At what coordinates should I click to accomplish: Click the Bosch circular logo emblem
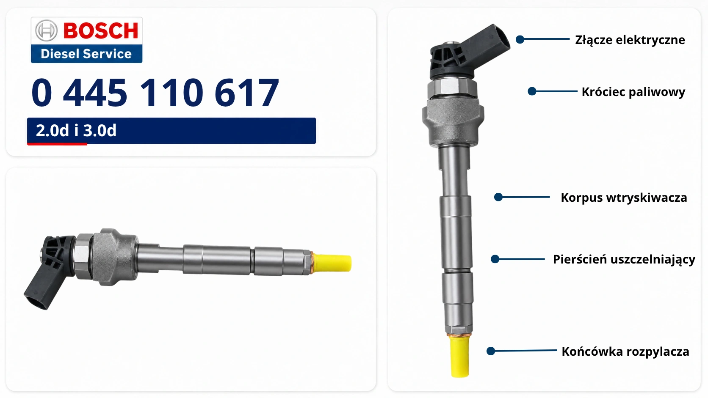coord(46,30)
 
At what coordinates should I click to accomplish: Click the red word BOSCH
coord(101,30)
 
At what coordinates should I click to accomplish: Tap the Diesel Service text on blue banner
coord(86,54)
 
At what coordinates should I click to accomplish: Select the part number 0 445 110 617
coord(155,93)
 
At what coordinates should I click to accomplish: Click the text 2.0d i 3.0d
coord(76,130)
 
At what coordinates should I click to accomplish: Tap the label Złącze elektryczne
coord(630,40)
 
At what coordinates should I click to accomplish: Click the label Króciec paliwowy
coord(633,92)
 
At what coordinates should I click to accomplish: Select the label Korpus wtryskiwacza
coord(624,198)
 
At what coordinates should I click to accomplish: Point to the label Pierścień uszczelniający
coord(624,259)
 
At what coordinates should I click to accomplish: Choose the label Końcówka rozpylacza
coord(625,351)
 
